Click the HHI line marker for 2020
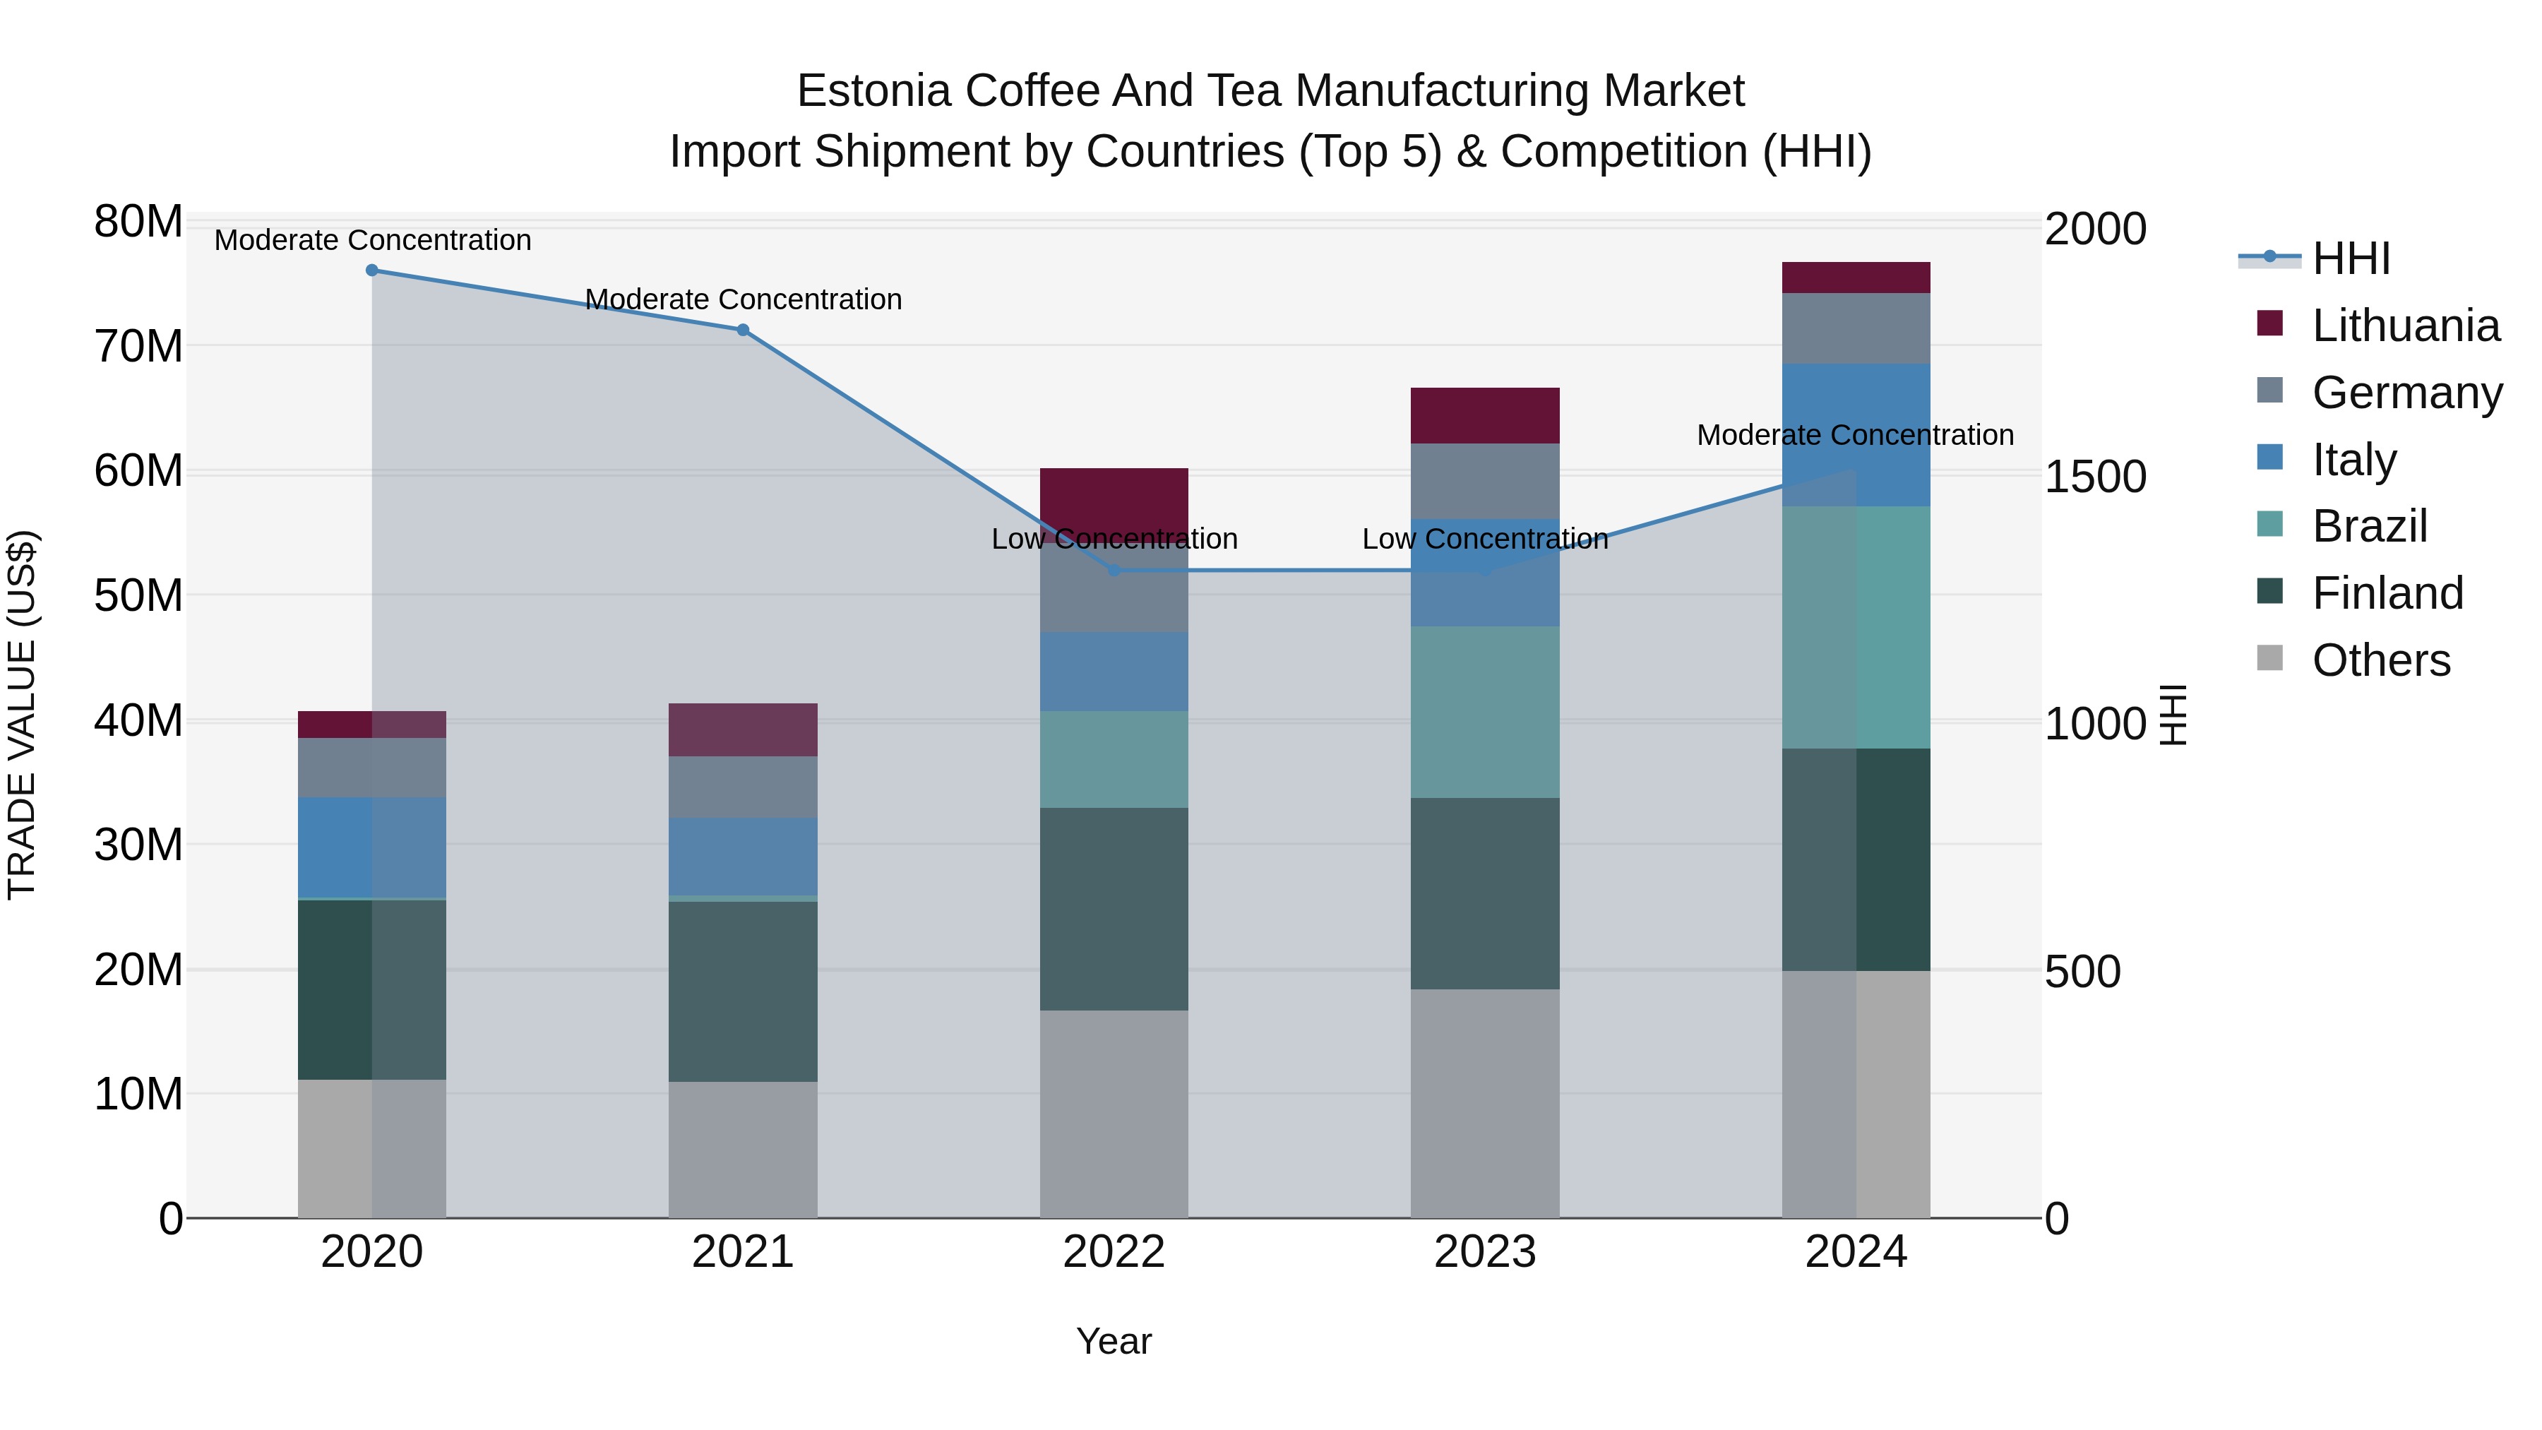click(372, 270)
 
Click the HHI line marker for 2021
click(743, 330)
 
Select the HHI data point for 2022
click(1114, 571)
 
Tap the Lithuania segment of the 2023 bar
click(1485, 415)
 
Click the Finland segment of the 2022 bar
click(1114, 909)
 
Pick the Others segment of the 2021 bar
click(743, 1150)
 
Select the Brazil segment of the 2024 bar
click(1856, 628)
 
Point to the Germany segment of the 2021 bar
click(743, 787)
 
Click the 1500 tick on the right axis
click(2095, 477)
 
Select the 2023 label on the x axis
click(1485, 1252)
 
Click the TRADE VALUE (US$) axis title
click(22, 715)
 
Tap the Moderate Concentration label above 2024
click(1855, 435)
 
